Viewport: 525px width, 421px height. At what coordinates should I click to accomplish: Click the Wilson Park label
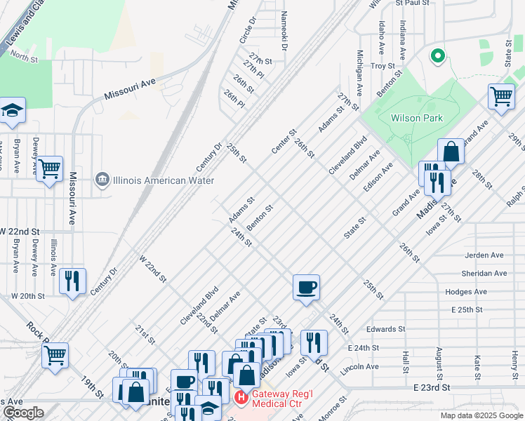point(417,118)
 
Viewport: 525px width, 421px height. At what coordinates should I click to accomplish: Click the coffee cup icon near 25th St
point(306,287)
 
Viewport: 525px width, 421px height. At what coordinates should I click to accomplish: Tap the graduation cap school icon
point(12,110)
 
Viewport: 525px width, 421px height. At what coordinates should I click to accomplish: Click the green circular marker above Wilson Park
point(438,55)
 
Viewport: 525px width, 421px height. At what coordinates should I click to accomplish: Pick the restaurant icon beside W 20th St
point(72,281)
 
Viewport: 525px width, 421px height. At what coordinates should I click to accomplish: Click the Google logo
point(23,413)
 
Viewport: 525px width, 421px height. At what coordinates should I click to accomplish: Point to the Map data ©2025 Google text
point(481,415)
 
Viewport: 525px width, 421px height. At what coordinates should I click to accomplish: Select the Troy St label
point(383,66)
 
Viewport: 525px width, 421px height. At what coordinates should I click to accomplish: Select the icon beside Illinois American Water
point(103,180)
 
